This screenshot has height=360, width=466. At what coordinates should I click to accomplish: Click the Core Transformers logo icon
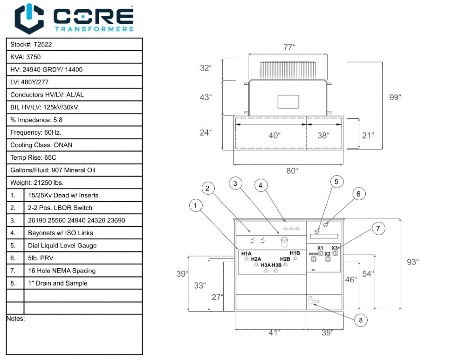click(x=29, y=19)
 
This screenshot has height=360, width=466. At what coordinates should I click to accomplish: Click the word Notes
click(x=15, y=319)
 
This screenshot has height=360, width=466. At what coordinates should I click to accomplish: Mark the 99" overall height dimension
click(x=395, y=97)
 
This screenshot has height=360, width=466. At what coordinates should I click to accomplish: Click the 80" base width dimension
click(x=291, y=171)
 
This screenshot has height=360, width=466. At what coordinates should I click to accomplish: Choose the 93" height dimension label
click(x=412, y=262)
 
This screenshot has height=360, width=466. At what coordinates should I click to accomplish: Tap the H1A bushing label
click(x=247, y=253)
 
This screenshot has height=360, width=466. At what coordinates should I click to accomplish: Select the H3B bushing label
click(x=277, y=265)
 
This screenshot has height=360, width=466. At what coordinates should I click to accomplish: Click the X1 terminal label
click(x=320, y=248)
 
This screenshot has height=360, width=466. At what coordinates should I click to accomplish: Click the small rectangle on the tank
click(x=288, y=102)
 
